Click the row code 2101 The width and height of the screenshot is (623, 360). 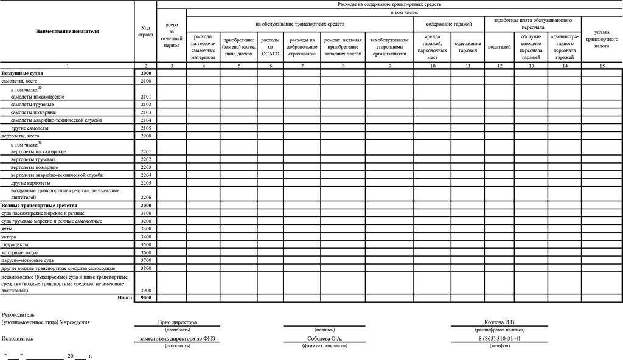tap(145, 97)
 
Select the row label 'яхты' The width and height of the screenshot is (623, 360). tap(8, 229)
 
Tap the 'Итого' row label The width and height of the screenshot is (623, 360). tap(125, 298)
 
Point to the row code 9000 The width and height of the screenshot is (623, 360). tap(145, 298)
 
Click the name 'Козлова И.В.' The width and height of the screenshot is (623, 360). tap(499, 322)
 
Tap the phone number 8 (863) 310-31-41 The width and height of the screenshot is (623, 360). tap(499, 338)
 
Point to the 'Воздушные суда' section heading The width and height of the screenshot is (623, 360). tap(22, 73)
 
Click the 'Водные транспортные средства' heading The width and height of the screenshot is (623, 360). tap(40, 206)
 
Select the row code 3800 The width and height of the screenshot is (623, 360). tap(145, 268)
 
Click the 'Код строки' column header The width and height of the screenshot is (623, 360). tap(145, 31)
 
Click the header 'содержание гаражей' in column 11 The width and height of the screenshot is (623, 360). tap(467, 47)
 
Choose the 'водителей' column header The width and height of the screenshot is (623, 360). tap(499, 46)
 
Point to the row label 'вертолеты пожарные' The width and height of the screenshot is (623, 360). tap(35, 167)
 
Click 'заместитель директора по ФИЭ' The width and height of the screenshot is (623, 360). tap(178, 338)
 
